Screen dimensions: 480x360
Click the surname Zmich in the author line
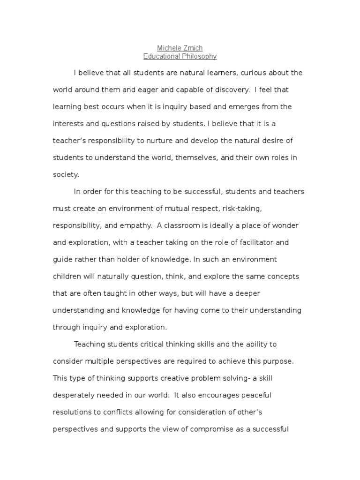[193, 48]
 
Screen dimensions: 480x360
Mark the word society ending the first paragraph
[66, 174]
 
